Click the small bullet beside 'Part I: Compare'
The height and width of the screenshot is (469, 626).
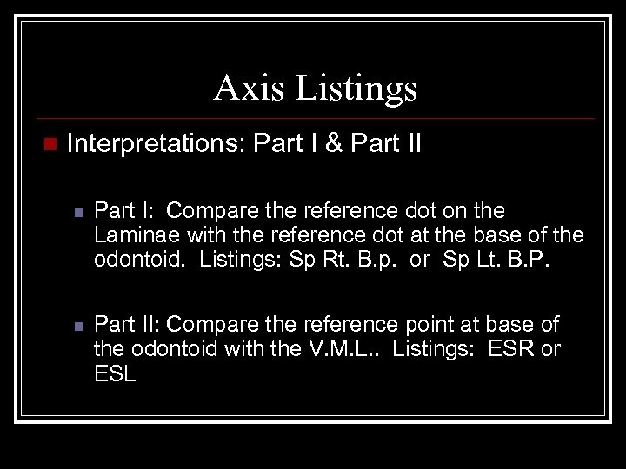click(x=77, y=212)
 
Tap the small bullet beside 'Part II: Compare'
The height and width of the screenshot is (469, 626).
click(x=77, y=327)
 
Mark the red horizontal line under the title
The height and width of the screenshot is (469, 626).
click(x=313, y=119)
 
